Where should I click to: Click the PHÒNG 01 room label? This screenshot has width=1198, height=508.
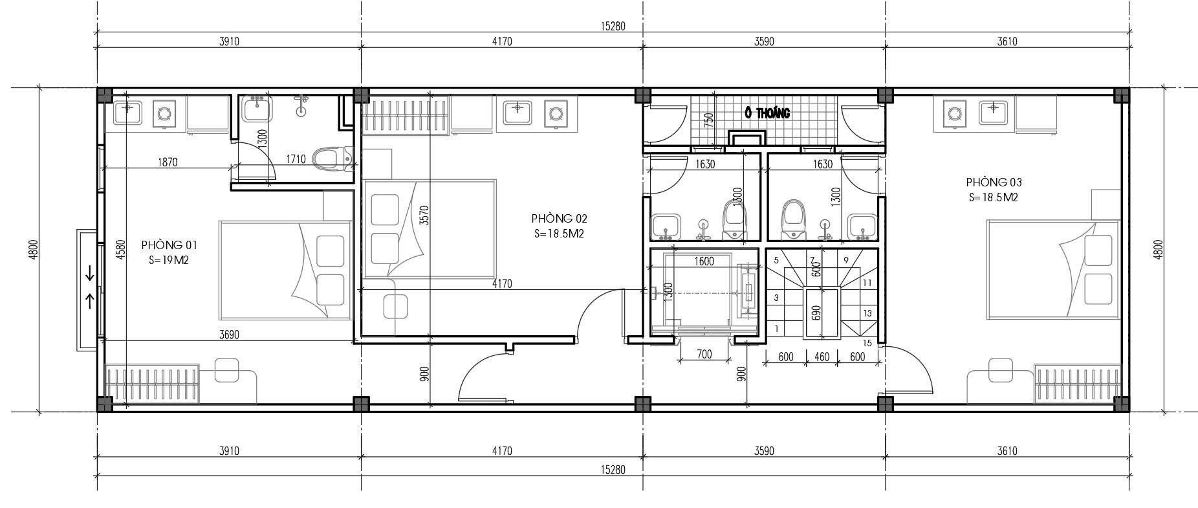click(x=169, y=245)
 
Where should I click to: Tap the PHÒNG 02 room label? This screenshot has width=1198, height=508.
click(x=559, y=219)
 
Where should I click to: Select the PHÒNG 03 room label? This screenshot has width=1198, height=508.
click(x=994, y=182)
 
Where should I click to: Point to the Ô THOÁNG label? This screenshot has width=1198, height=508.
click(x=768, y=113)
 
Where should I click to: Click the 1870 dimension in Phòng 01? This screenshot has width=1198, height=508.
click(x=167, y=162)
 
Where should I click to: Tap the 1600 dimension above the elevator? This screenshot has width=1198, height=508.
click(x=704, y=261)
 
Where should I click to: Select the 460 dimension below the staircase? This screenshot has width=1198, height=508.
click(x=822, y=357)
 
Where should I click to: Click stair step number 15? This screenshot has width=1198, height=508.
click(x=867, y=343)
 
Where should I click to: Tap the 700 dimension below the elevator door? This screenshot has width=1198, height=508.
click(x=704, y=354)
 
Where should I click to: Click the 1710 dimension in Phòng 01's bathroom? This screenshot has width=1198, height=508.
click(x=296, y=159)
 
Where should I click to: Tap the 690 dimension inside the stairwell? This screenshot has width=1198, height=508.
click(x=816, y=313)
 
